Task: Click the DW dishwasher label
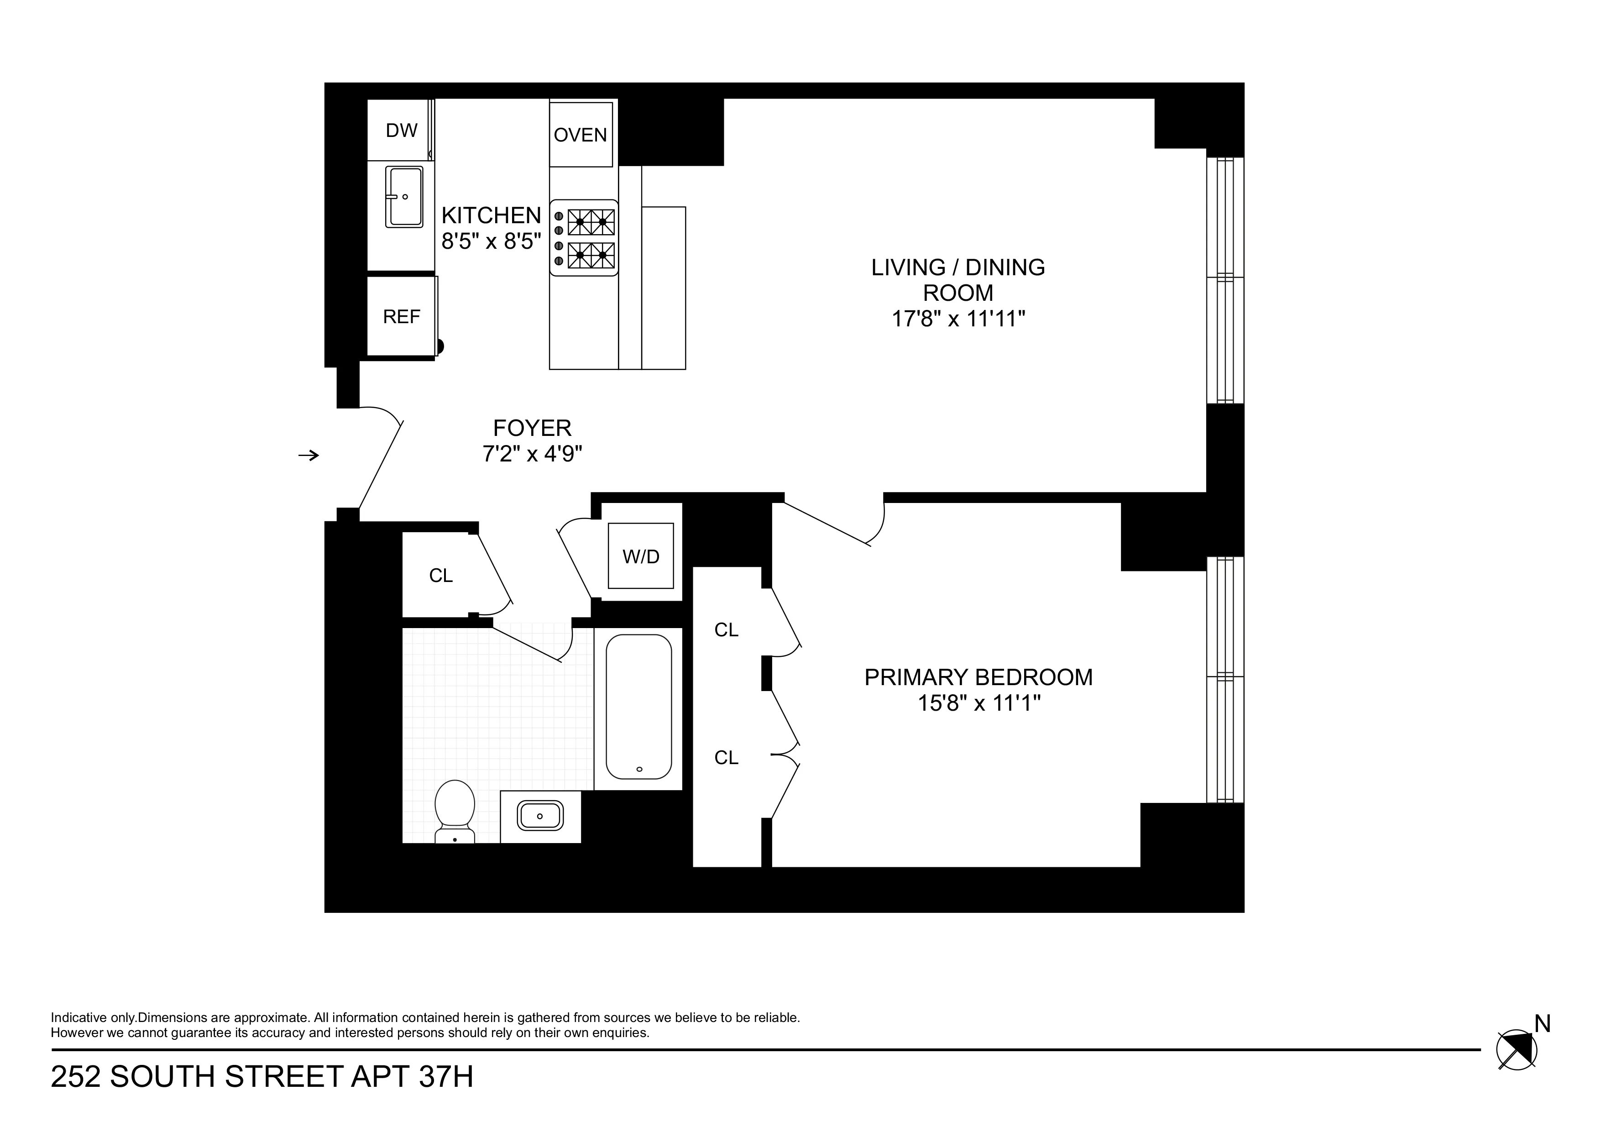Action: tap(401, 131)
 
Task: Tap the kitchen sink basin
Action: tap(404, 197)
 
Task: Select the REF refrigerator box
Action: tap(401, 317)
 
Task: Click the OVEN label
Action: tap(580, 135)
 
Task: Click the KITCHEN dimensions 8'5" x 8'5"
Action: tap(491, 241)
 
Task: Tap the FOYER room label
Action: tap(532, 428)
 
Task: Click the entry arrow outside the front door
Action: tap(308, 456)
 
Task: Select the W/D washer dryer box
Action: tap(640, 556)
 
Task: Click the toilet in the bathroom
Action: tap(455, 811)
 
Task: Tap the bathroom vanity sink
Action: tap(540, 815)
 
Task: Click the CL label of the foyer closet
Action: tap(441, 576)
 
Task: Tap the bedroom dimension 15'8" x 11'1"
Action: tap(978, 703)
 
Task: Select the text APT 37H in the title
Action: tap(411, 1077)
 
